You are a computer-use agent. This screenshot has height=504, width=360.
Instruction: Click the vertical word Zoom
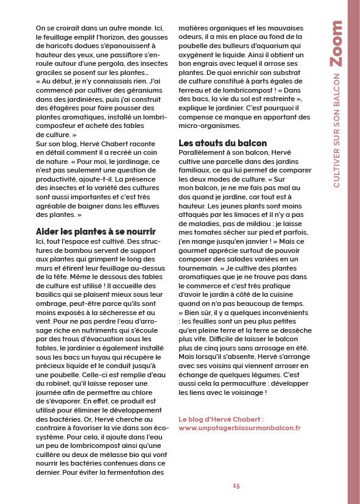(x=335, y=44)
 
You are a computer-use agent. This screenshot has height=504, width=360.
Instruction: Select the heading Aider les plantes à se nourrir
(x=96, y=232)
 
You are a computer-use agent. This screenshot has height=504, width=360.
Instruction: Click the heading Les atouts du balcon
(x=219, y=143)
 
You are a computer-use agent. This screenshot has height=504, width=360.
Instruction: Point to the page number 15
(x=236, y=485)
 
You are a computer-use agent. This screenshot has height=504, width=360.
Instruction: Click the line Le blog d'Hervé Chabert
(x=221, y=419)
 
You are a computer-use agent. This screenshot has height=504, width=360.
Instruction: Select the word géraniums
(x=139, y=90)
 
